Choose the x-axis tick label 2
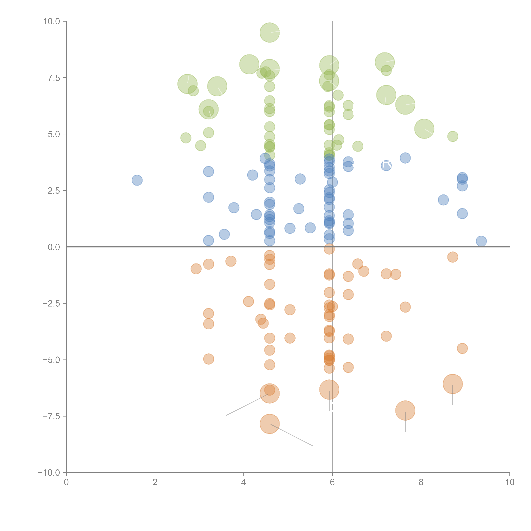[155, 482]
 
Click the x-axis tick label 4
[244, 482]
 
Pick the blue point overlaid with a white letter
[386, 165]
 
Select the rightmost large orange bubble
[453, 384]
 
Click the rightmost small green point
[453, 136]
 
